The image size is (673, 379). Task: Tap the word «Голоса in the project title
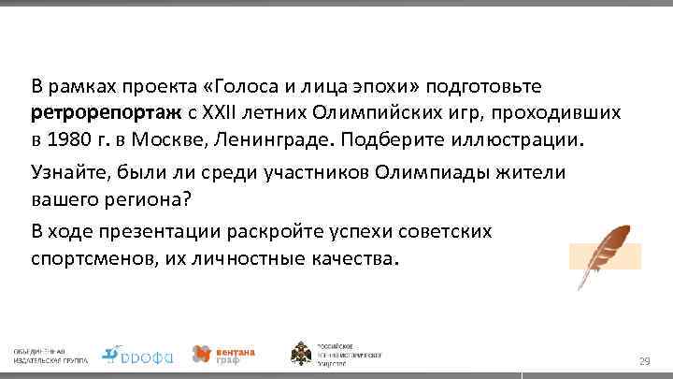click(242, 88)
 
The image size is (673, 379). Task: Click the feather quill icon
click(605, 254)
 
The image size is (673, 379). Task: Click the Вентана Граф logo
click(223, 353)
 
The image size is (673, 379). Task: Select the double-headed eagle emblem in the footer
click(306, 353)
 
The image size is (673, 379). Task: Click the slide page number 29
click(644, 361)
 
